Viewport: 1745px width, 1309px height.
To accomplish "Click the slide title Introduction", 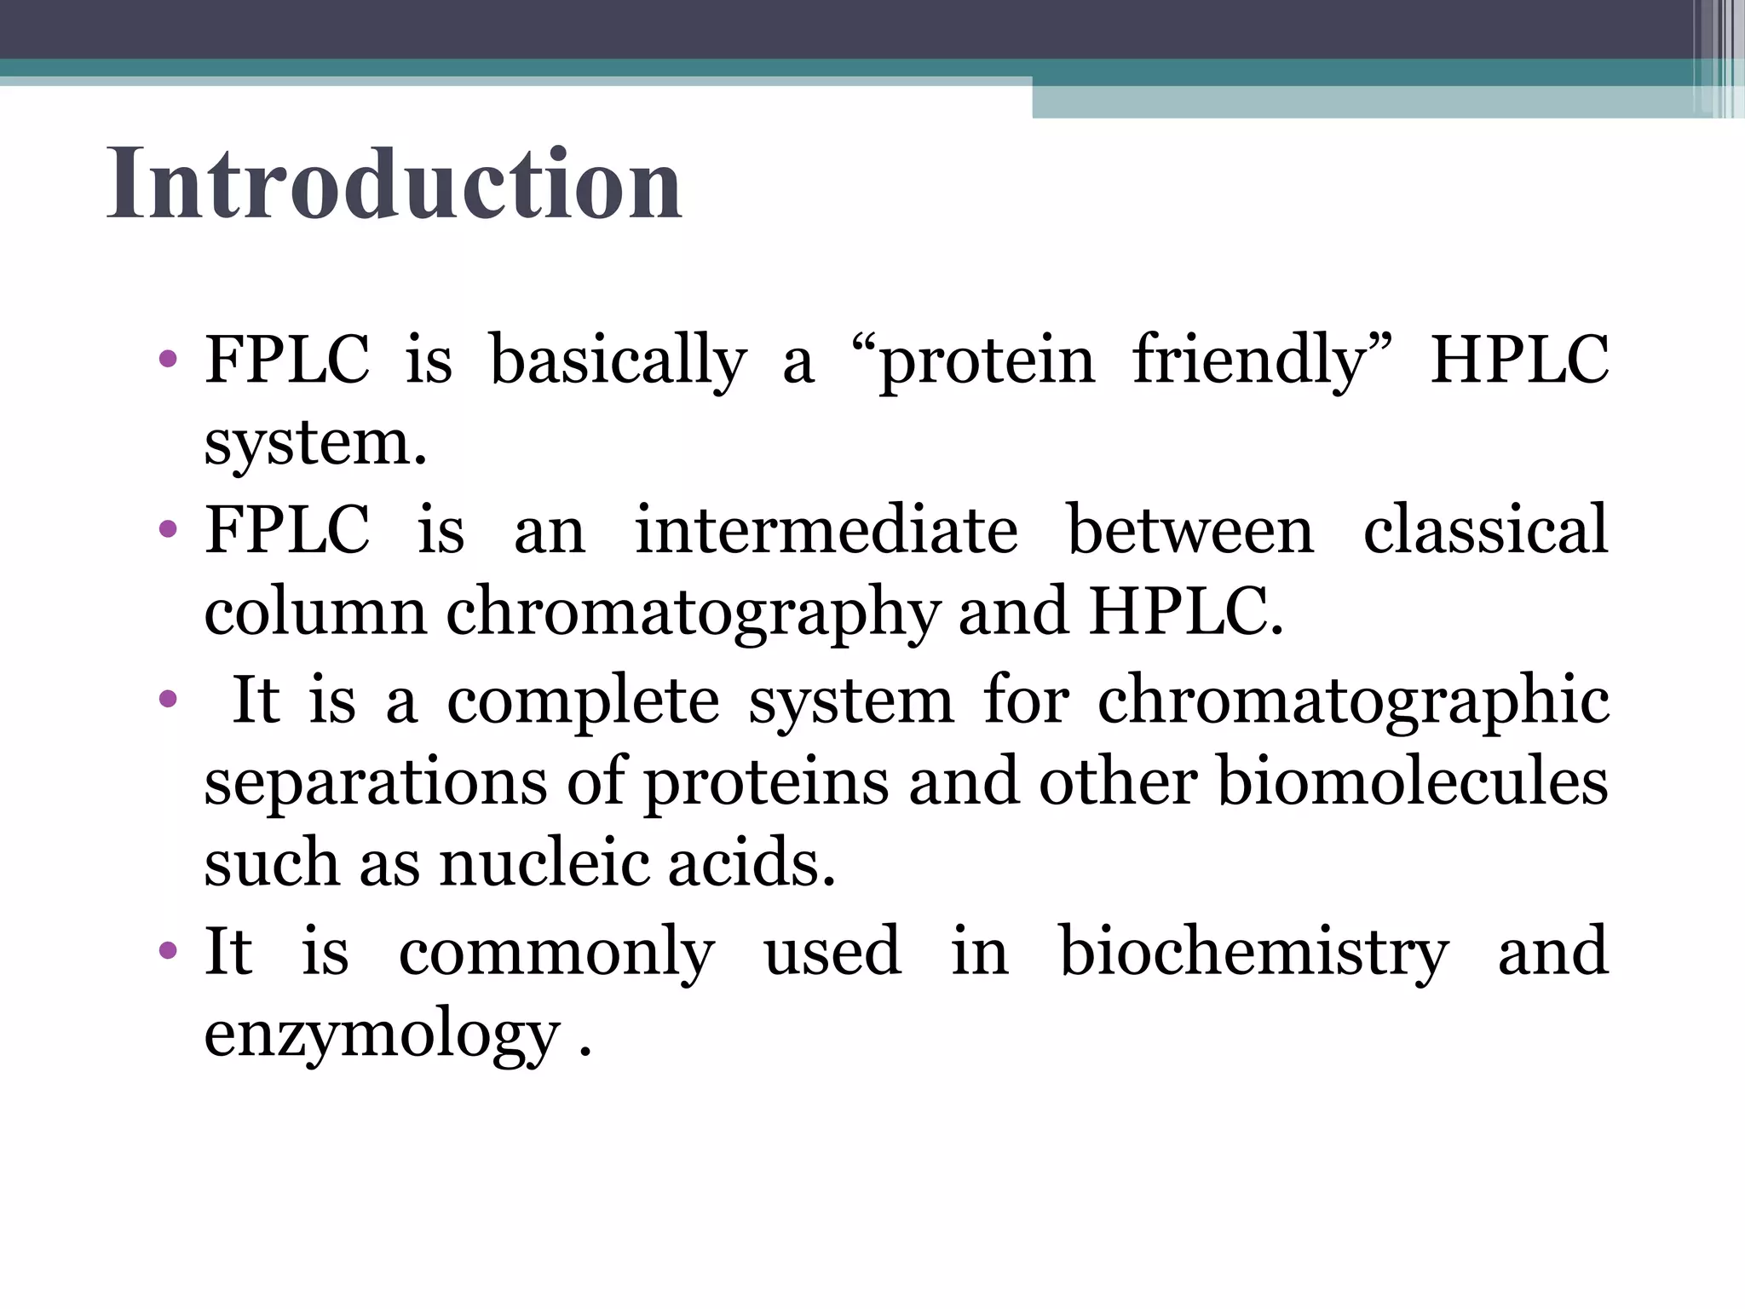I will (394, 184).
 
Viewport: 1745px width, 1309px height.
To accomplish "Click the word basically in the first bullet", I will (618, 361).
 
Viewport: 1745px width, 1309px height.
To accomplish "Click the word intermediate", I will (826, 530).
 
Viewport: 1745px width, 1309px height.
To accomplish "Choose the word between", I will (1190, 530).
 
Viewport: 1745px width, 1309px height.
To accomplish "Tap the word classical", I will (1485, 530).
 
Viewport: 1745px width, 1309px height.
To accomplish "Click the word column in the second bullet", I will (314, 613).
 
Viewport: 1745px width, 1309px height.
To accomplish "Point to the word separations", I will (376, 783).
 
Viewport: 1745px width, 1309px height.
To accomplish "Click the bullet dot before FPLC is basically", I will (168, 358).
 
